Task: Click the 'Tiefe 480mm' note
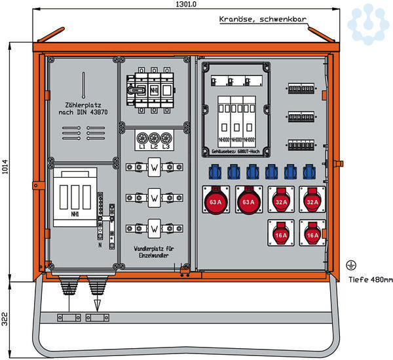370,280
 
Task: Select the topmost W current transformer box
154,169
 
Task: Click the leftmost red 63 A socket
215,202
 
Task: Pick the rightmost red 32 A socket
312,202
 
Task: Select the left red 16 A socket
280,234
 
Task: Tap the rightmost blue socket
310,173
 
